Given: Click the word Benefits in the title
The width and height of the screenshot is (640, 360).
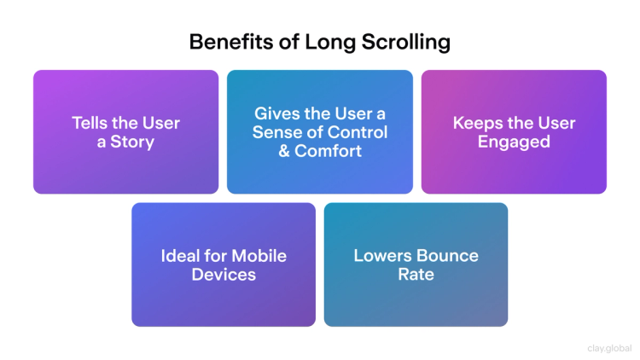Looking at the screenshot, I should coord(223,42).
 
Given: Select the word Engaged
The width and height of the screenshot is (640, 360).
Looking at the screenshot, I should coord(514,142).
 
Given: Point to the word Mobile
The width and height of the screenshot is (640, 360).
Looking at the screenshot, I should coord(258,256).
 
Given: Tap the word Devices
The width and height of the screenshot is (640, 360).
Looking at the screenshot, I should coord(224,275).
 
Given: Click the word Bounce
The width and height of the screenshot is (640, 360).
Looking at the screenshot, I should coord(449,256).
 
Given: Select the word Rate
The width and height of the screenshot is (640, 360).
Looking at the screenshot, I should coord(416,275).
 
